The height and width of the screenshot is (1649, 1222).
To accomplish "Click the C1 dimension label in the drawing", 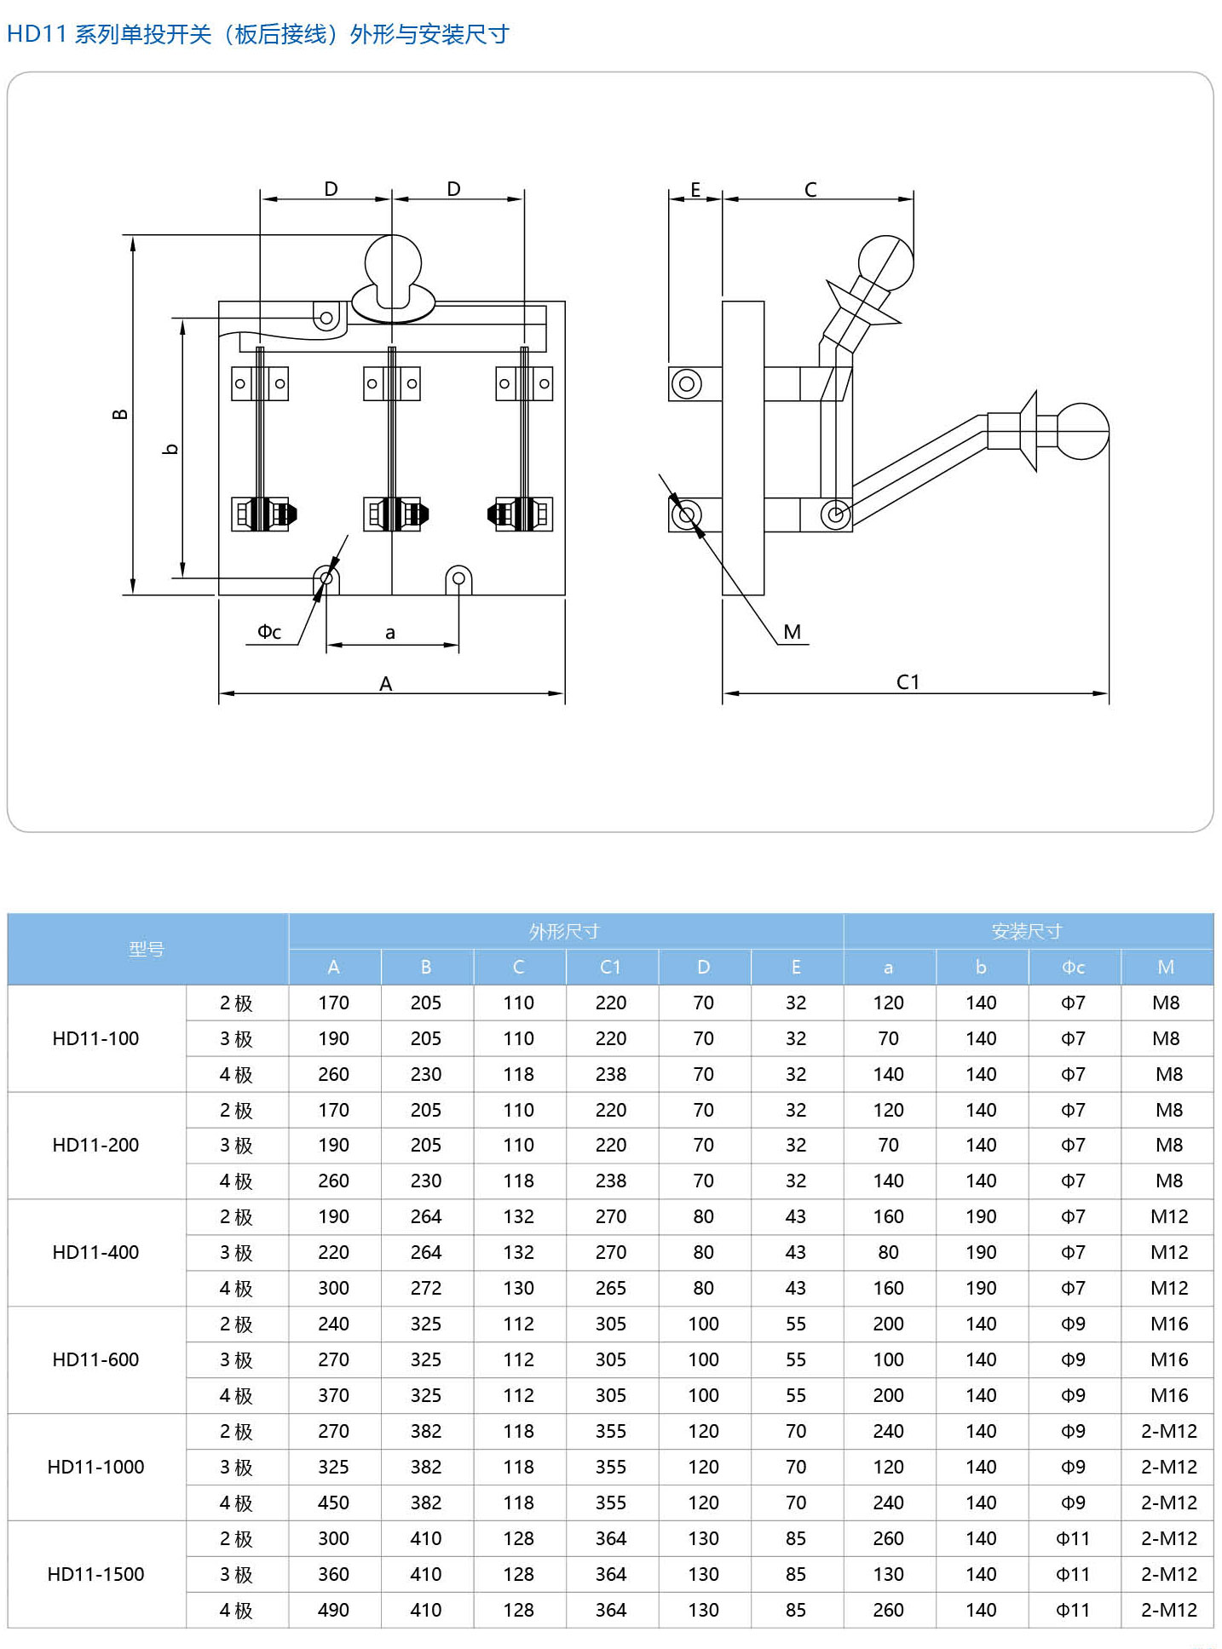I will [908, 682].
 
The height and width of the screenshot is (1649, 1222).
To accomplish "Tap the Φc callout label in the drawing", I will [269, 632].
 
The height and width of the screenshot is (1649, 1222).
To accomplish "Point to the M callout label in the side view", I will [793, 632].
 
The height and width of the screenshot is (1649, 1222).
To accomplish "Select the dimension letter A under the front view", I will [386, 684].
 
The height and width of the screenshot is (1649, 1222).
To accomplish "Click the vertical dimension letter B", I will [121, 414].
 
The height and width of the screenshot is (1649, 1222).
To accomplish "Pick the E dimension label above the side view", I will [695, 190].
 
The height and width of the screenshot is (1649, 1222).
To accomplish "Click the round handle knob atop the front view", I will [393, 262].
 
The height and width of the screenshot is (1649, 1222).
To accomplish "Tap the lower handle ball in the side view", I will [1082, 431].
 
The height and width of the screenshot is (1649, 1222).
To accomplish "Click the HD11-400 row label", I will [95, 1252].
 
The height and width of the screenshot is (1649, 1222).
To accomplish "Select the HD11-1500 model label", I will [95, 1574].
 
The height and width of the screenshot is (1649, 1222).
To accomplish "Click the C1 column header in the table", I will [611, 967].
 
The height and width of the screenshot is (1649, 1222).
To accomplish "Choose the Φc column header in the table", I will [1073, 967].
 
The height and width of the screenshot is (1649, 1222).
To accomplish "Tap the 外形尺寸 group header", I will [564, 931].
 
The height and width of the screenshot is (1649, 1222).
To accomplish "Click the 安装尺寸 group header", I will [1027, 931].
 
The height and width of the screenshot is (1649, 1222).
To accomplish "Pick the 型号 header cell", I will [147, 949].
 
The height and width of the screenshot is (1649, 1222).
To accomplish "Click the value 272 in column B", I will [426, 1288].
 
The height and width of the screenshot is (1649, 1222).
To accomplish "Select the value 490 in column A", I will [333, 1610].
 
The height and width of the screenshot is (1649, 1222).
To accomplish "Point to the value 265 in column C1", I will [611, 1288].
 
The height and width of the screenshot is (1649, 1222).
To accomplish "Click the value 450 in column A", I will [333, 1502].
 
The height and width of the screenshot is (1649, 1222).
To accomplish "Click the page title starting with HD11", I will [257, 34].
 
